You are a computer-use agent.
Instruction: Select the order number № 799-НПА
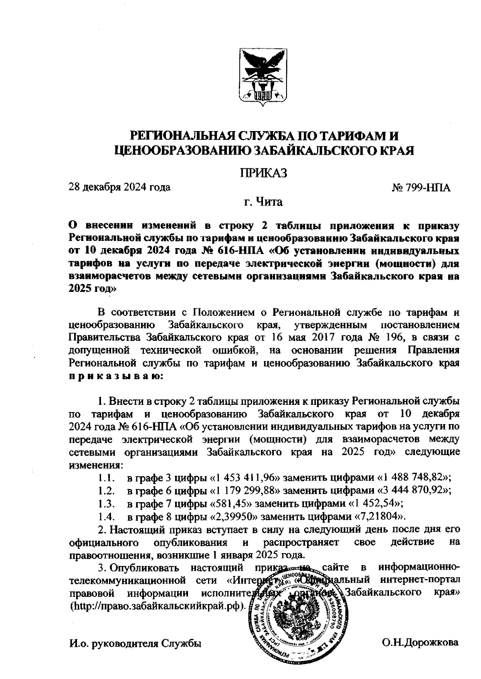(421, 188)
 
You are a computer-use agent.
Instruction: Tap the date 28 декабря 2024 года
(120, 187)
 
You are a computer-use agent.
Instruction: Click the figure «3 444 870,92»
(412, 490)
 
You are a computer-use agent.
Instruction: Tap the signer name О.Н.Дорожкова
(420, 643)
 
